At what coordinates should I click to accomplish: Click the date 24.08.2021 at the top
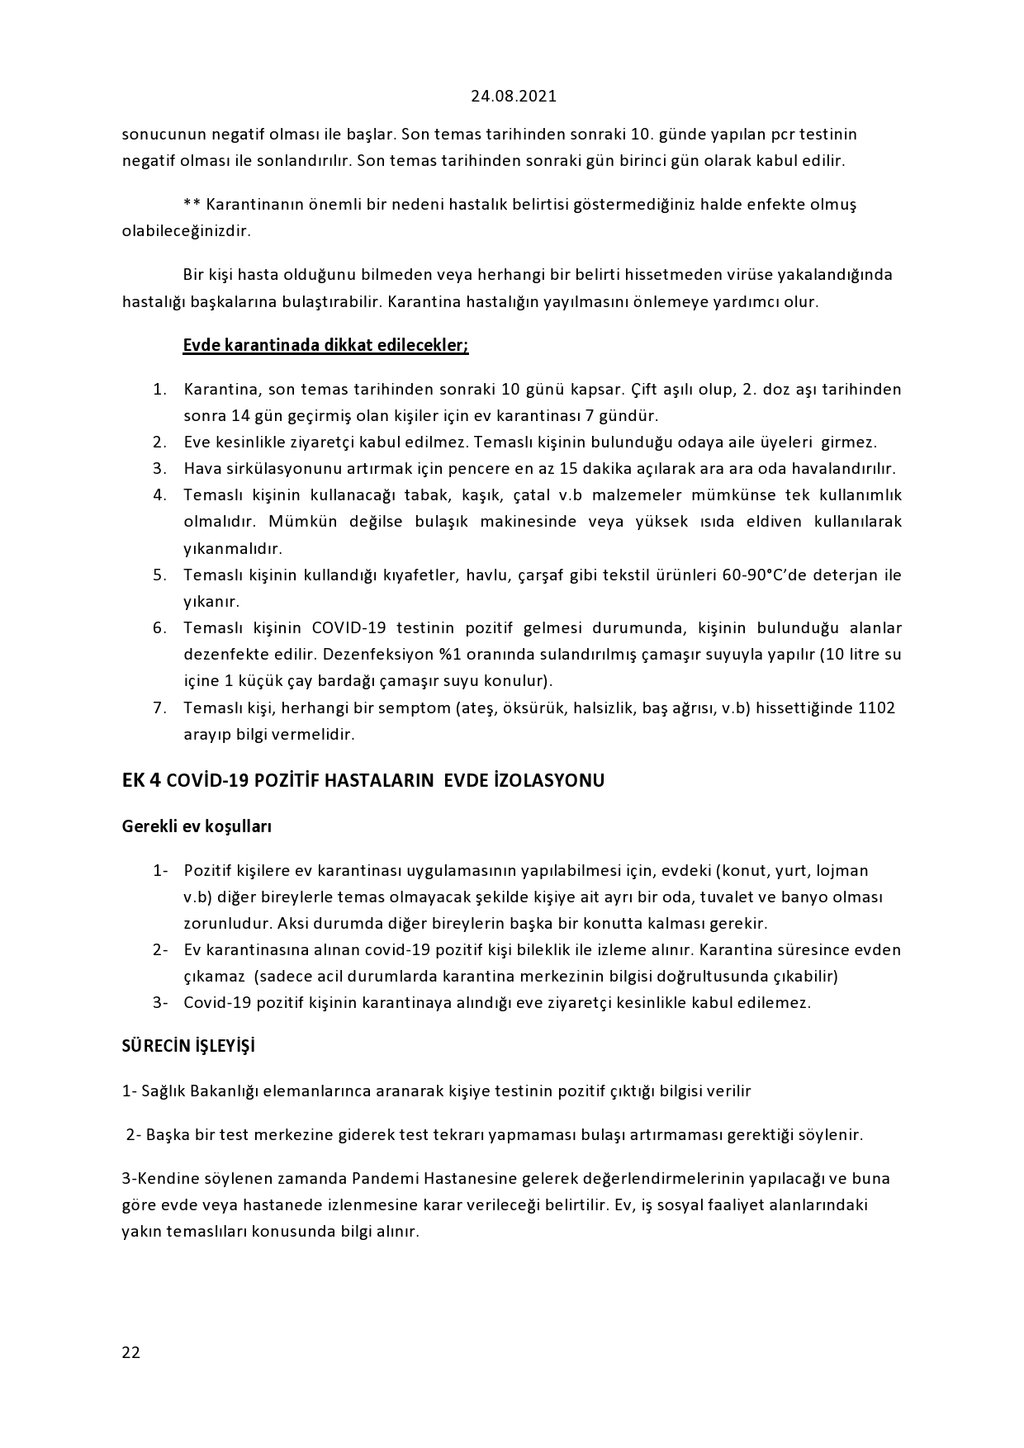(x=514, y=96)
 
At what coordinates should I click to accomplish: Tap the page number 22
(x=130, y=1352)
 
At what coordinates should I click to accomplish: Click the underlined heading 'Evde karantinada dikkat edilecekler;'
(x=325, y=345)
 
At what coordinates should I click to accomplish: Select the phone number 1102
(x=877, y=707)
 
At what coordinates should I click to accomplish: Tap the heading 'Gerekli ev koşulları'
(x=197, y=826)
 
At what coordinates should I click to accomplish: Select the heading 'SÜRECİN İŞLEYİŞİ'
(x=188, y=1046)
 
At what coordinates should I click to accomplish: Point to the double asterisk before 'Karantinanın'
(x=192, y=204)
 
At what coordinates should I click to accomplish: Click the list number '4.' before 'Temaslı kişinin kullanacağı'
(x=160, y=495)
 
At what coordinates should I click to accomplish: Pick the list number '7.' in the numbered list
(x=160, y=707)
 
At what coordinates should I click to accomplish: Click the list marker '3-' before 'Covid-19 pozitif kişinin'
(x=160, y=1002)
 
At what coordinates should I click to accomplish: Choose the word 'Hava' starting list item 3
(x=200, y=468)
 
